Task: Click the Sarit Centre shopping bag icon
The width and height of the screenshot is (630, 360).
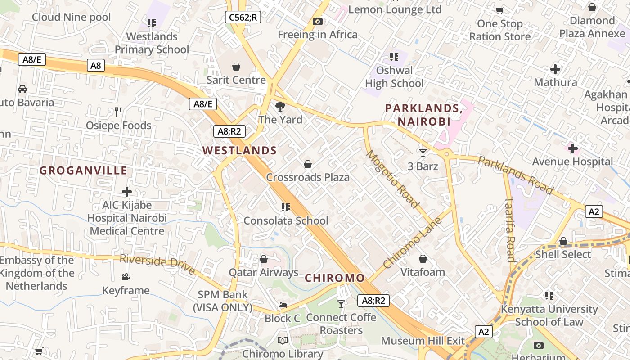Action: click(x=236, y=67)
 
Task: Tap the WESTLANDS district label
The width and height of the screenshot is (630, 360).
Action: click(x=239, y=151)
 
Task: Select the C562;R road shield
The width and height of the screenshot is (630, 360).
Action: click(x=243, y=18)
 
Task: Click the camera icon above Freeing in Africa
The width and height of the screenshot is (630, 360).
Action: click(x=318, y=21)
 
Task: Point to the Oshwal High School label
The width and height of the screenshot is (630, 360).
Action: click(x=394, y=77)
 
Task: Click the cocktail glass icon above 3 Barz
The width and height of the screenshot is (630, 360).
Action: click(x=423, y=153)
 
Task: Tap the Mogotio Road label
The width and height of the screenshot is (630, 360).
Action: click(x=392, y=179)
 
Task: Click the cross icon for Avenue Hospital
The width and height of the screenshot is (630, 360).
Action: click(x=573, y=148)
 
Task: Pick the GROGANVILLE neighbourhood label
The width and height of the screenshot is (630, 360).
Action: click(x=83, y=171)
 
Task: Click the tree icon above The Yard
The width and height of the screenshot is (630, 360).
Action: click(x=280, y=107)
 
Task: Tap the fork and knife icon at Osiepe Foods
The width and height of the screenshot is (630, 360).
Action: click(x=118, y=112)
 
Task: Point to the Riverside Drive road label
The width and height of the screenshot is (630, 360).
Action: click(x=157, y=264)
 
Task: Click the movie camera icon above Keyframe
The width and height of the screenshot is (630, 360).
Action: click(x=126, y=277)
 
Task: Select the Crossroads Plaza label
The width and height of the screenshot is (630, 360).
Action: click(x=308, y=177)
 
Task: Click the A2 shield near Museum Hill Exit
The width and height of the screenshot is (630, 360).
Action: click(x=483, y=332)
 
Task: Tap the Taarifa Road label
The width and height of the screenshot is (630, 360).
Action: click(x=509, y=229)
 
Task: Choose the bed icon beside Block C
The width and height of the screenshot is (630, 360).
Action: click(x=282, y=305)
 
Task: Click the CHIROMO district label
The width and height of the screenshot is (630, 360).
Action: click(x=334, y=278)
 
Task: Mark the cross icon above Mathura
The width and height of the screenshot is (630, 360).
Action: click(x=555, y=69)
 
